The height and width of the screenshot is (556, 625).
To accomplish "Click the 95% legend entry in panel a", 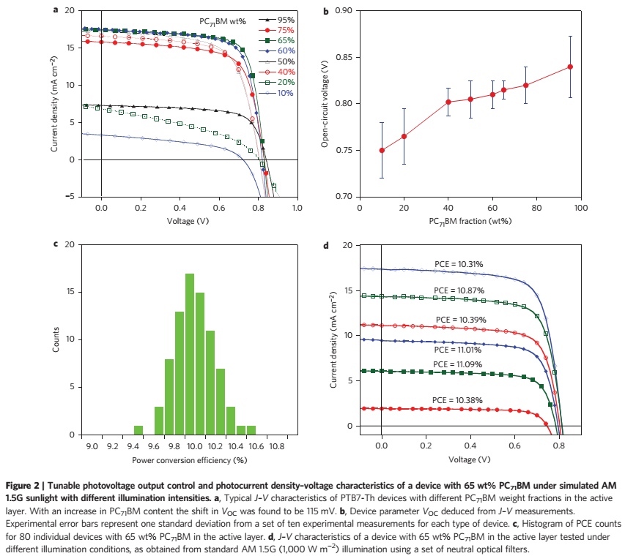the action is (x=277, y=20).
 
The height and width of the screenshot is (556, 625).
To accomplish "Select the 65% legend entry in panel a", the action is (x=277, y=40).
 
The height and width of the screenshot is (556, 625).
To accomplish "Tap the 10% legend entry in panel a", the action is (x=277, y=93).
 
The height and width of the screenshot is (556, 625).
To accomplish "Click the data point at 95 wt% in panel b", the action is (x=570, y=67).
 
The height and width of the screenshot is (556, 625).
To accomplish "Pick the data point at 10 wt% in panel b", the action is (x=382, y=151).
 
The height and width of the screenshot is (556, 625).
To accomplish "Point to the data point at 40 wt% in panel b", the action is (x=448, y=102).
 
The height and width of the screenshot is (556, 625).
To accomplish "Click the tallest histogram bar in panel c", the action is (x=190, y=354).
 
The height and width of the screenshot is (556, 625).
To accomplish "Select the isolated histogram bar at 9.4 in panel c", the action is (x=138, y=430).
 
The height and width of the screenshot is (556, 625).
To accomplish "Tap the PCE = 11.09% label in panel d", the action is (x=458, y=364).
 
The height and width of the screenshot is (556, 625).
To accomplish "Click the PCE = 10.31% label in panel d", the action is (x=459, y=264).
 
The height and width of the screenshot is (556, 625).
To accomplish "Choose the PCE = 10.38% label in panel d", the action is (x=457, y=400).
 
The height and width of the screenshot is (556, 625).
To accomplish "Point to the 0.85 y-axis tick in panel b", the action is (x=344, y=57).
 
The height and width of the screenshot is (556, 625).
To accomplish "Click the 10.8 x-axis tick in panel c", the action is (x=277, y=446).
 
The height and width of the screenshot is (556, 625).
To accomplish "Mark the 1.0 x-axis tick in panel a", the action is (x=297, y=208).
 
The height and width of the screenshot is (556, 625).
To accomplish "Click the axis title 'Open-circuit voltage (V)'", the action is (x=325, y=104).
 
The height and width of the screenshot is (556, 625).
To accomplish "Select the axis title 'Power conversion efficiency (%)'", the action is (x=190, y=460).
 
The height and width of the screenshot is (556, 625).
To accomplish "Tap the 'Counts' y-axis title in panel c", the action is (x=56, y=339).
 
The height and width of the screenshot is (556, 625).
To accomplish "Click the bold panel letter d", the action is (x=326, y=246).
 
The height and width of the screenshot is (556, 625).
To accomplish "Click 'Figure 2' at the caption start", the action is (x=22, y=486).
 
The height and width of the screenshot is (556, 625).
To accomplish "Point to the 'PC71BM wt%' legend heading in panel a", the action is (x=223, y=21).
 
